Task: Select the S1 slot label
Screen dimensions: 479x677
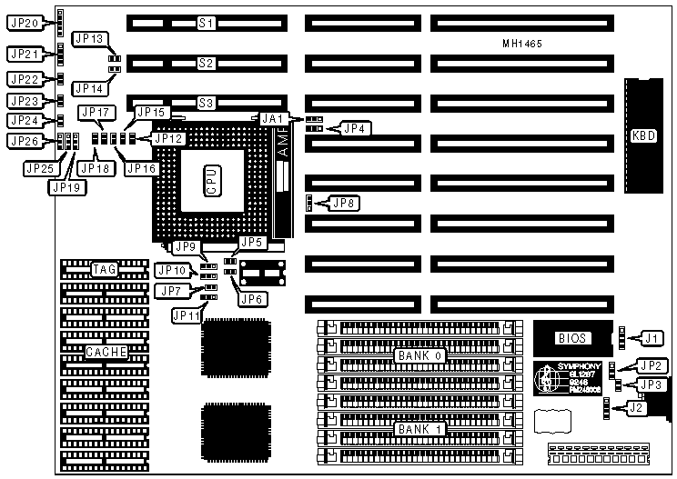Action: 207,22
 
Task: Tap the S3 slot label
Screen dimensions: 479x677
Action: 207,105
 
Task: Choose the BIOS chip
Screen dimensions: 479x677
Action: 573,338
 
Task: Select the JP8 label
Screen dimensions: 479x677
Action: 345,203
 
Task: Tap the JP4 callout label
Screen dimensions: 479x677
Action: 354,129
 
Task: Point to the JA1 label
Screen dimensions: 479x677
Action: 272,118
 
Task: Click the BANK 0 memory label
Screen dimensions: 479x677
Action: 419,355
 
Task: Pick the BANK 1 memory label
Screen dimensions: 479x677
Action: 419,427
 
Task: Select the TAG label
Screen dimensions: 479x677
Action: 103,269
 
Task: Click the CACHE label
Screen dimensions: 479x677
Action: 106,351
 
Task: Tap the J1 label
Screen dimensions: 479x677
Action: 651,338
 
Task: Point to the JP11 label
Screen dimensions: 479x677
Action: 187,314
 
